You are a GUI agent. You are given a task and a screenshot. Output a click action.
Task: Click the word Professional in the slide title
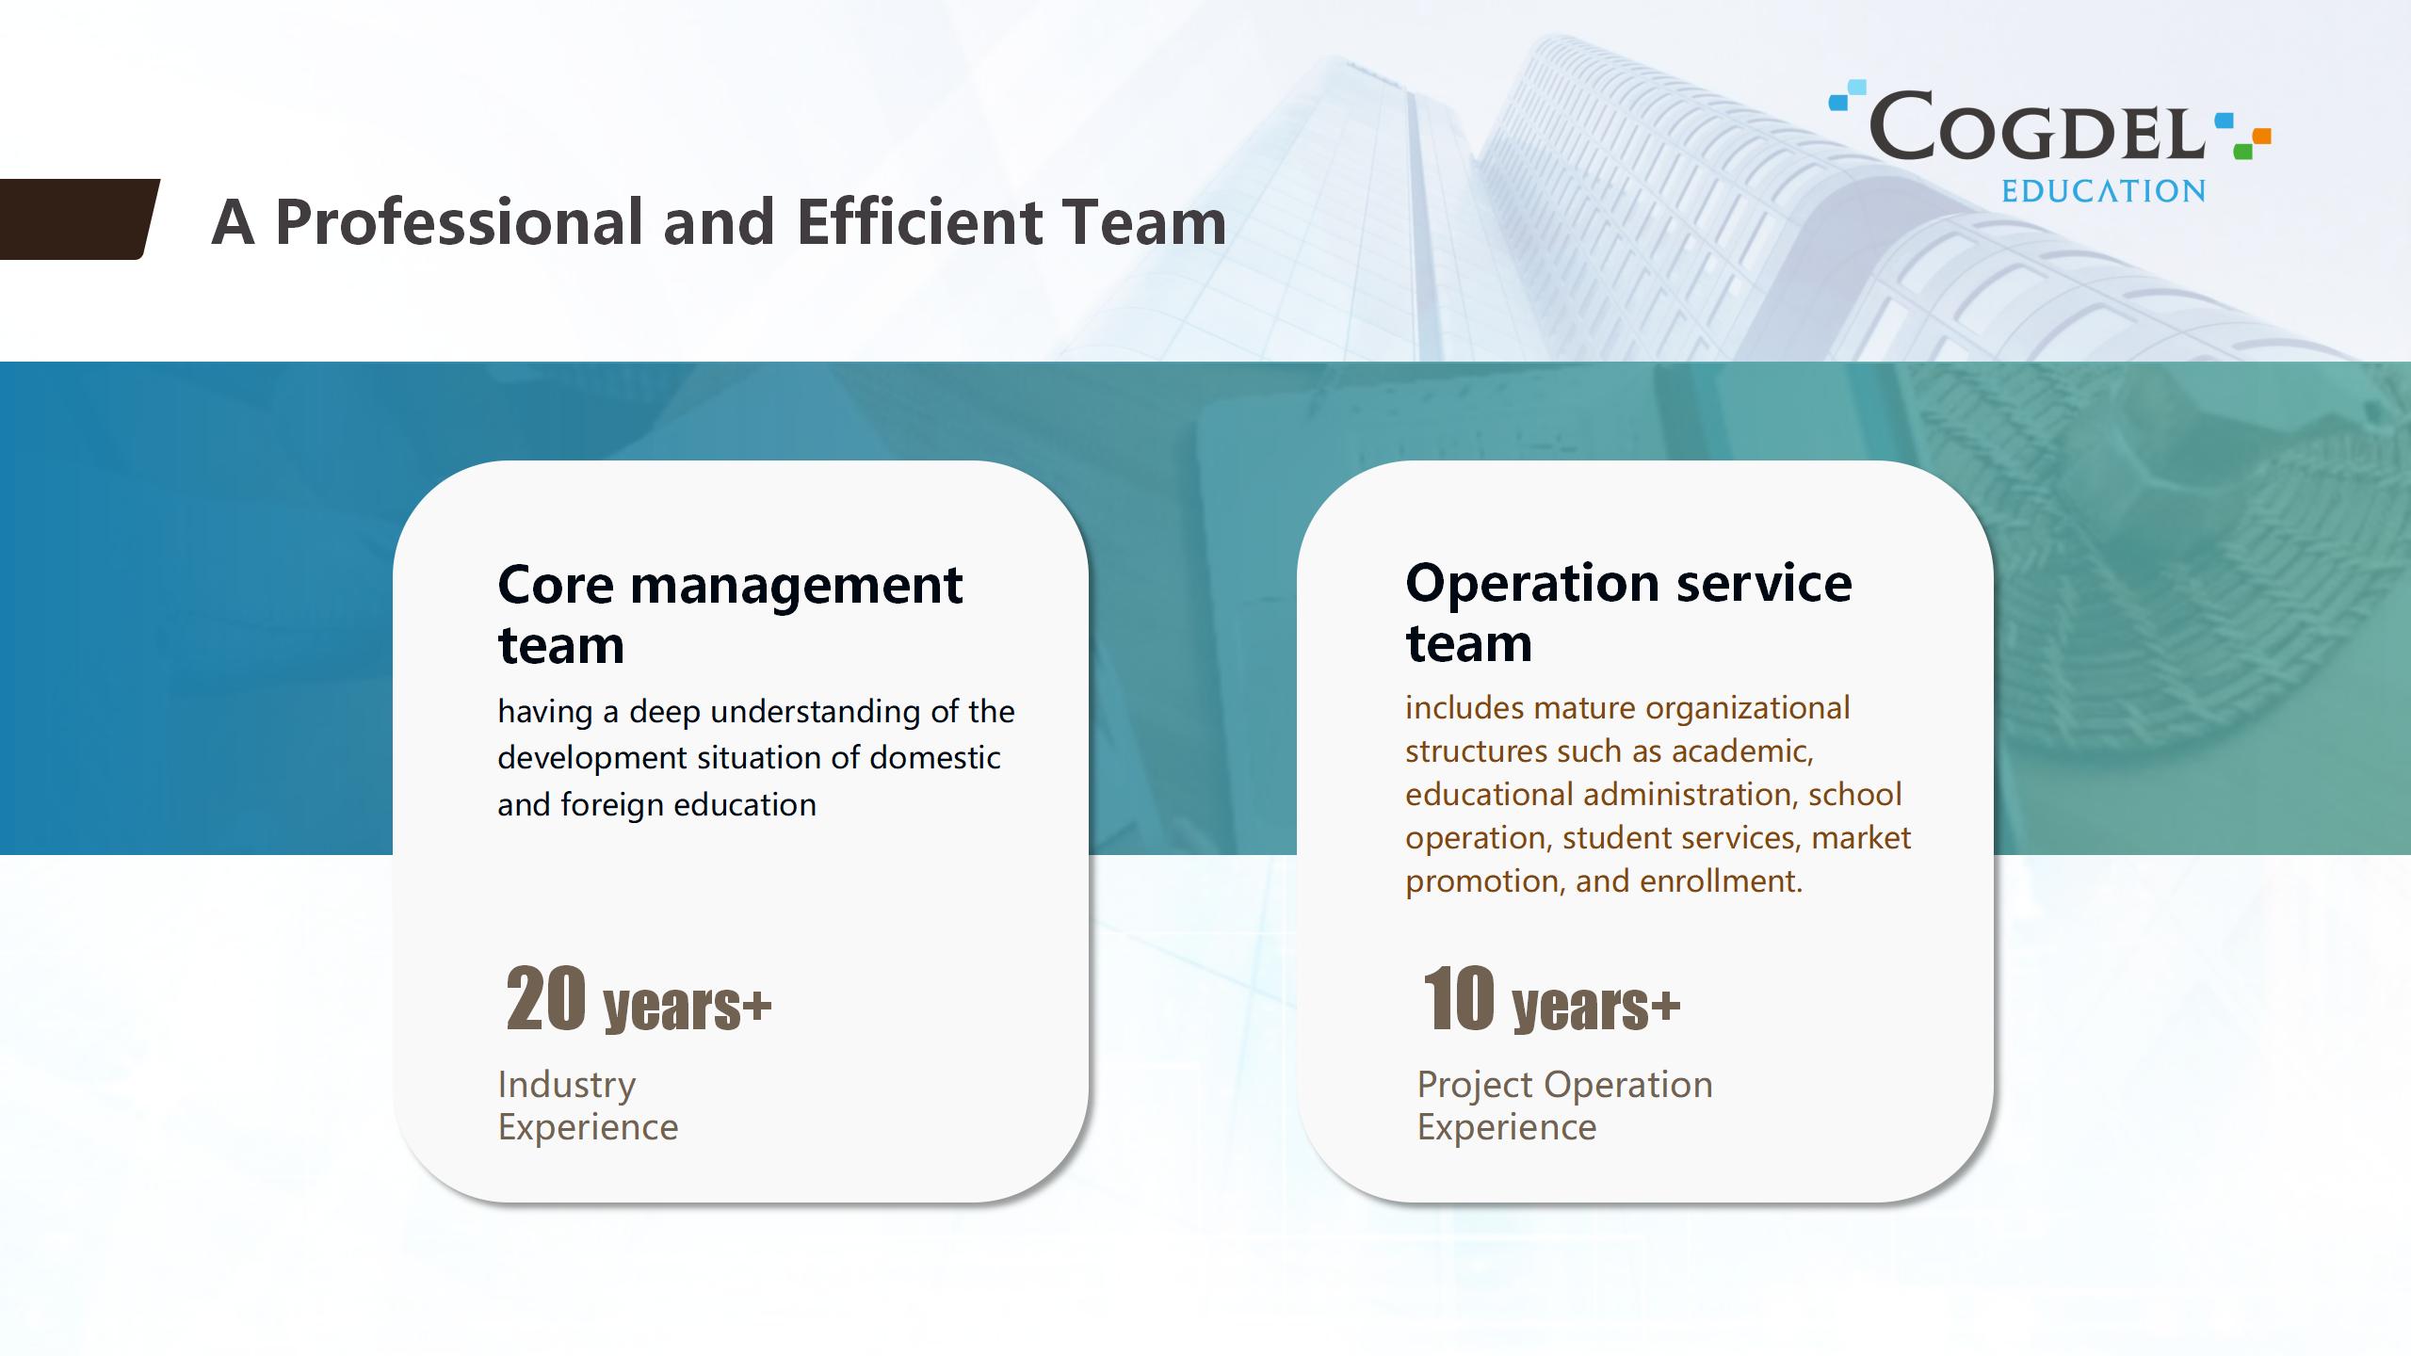461,222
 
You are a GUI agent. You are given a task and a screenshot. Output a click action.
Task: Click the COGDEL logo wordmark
2037,124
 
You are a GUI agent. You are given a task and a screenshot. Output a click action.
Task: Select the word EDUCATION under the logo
2103,191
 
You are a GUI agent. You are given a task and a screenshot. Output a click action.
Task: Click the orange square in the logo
2262,137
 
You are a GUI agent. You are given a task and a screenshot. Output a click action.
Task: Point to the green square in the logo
2242,151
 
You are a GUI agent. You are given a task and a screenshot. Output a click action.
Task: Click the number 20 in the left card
546,999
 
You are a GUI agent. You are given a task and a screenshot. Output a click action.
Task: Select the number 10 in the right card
1459,999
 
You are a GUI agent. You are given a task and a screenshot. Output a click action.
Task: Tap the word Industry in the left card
567,1085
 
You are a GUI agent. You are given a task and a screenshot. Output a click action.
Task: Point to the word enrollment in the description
1721,880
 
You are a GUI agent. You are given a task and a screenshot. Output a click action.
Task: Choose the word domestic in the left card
934,757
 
